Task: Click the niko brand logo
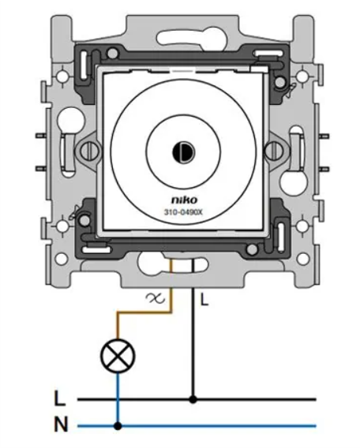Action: [184, 200]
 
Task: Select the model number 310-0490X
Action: [183, 212]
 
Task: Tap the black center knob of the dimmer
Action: [183, 152]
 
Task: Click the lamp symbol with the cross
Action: [118, 356]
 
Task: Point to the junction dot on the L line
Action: [193, 399]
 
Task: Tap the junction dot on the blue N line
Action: [118, 426]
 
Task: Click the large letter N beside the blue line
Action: [61, 424]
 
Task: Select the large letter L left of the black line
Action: [60, 398]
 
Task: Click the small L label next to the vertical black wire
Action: [204, 300]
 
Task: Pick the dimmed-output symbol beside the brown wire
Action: [156, 298]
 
